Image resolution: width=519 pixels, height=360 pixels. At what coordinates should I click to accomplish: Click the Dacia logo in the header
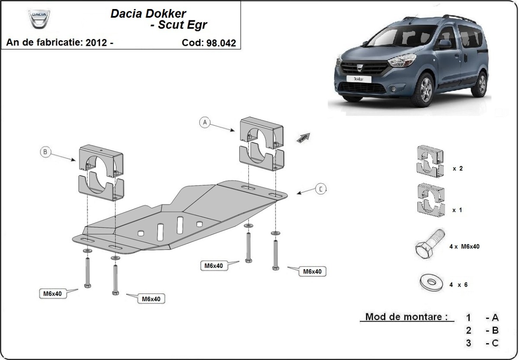pyautogui.click(x=39, y=19)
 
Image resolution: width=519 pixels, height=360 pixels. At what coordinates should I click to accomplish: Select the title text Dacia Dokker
pyautogui.click(x=148, y=13)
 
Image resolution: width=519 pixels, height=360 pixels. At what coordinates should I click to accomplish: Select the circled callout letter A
pyautogui.click(x=205, y=123)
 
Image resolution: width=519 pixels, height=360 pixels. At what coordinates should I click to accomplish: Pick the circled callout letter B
pyautogui.click(x=45, y=152)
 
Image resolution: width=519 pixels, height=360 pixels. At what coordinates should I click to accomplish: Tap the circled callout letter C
pyautogui.click(x=320, y=189)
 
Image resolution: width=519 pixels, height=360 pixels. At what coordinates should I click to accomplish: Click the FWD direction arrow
pyautogui.click(x=303, y=137)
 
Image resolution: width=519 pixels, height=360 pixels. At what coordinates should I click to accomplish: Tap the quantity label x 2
pyautogui.click(x=458, y=169)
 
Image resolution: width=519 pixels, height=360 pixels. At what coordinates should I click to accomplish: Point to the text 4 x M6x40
pyautogui.click(x=464, y=246)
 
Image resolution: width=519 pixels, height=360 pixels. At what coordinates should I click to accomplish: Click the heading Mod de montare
pyautogui.click(x=406, y=317)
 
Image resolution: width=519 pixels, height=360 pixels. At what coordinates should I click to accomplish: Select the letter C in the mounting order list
pyautogui.click(x=495, y=343)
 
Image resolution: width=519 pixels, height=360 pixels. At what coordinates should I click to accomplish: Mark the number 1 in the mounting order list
pyautogui.click(x=468, y=318)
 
